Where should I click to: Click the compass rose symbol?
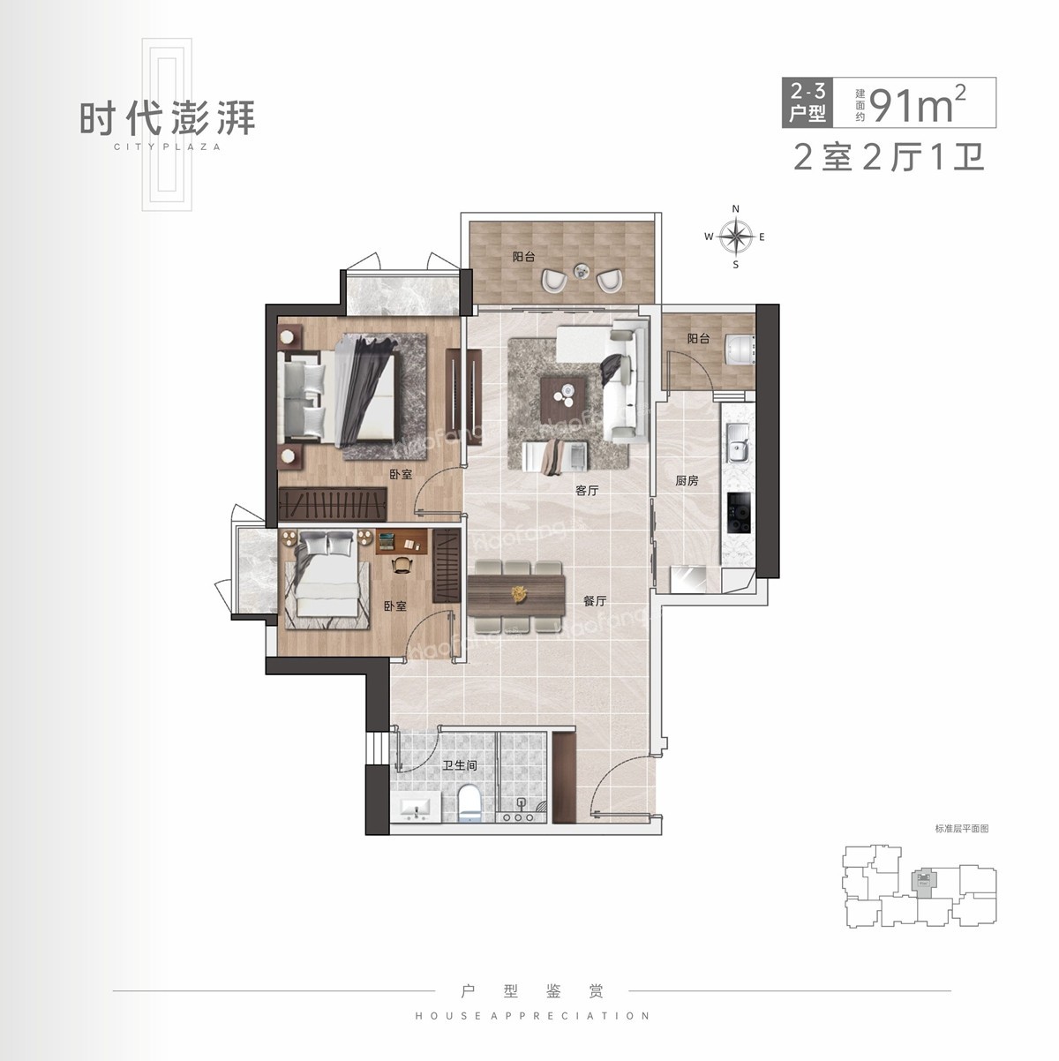[735, 237]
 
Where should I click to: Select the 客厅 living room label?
[587, 490]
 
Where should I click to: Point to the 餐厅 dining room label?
[595, 601]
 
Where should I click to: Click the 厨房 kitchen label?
[687, 481]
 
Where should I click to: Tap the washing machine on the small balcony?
[739, 348]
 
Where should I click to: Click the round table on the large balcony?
[582, 270]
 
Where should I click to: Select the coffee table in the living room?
[563, 390]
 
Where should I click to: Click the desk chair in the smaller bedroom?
[402, 564]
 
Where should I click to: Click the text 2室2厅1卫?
[889, 158]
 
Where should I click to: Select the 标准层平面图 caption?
[961, 829]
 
